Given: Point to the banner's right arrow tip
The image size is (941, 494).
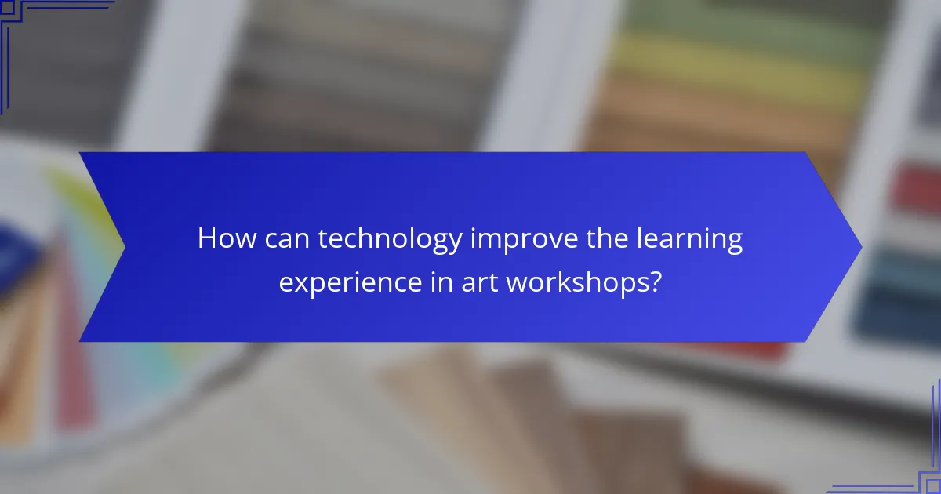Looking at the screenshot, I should pos(859,247).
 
